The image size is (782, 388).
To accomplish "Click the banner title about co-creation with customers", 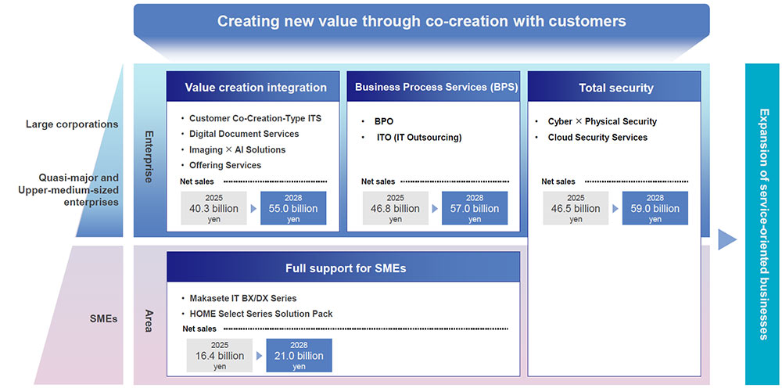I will [421, 21].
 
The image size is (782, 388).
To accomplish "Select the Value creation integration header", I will [256, 88].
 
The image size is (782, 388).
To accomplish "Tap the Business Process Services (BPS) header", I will [432, 88].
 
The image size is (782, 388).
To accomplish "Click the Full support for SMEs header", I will [346, 268].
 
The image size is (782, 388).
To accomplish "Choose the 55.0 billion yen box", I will [293, 208].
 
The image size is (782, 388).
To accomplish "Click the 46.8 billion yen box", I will [395, 208].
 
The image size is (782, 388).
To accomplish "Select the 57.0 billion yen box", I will [475, 208].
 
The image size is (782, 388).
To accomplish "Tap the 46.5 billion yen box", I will [576, 208].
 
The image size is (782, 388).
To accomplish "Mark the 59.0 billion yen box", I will [655, 208].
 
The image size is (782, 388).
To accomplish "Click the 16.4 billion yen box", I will [220, 356].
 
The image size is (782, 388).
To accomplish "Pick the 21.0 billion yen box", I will [299, 356].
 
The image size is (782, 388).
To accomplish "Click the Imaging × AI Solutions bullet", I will [237, 149].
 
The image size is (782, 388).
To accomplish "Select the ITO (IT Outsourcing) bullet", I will [418, 138].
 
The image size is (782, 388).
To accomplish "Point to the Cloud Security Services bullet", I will [597, 138].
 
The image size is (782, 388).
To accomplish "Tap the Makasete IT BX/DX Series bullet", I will [242, 299].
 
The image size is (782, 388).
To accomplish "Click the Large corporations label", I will [72, 124].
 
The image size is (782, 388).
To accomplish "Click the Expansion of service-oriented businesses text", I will [764, 224].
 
